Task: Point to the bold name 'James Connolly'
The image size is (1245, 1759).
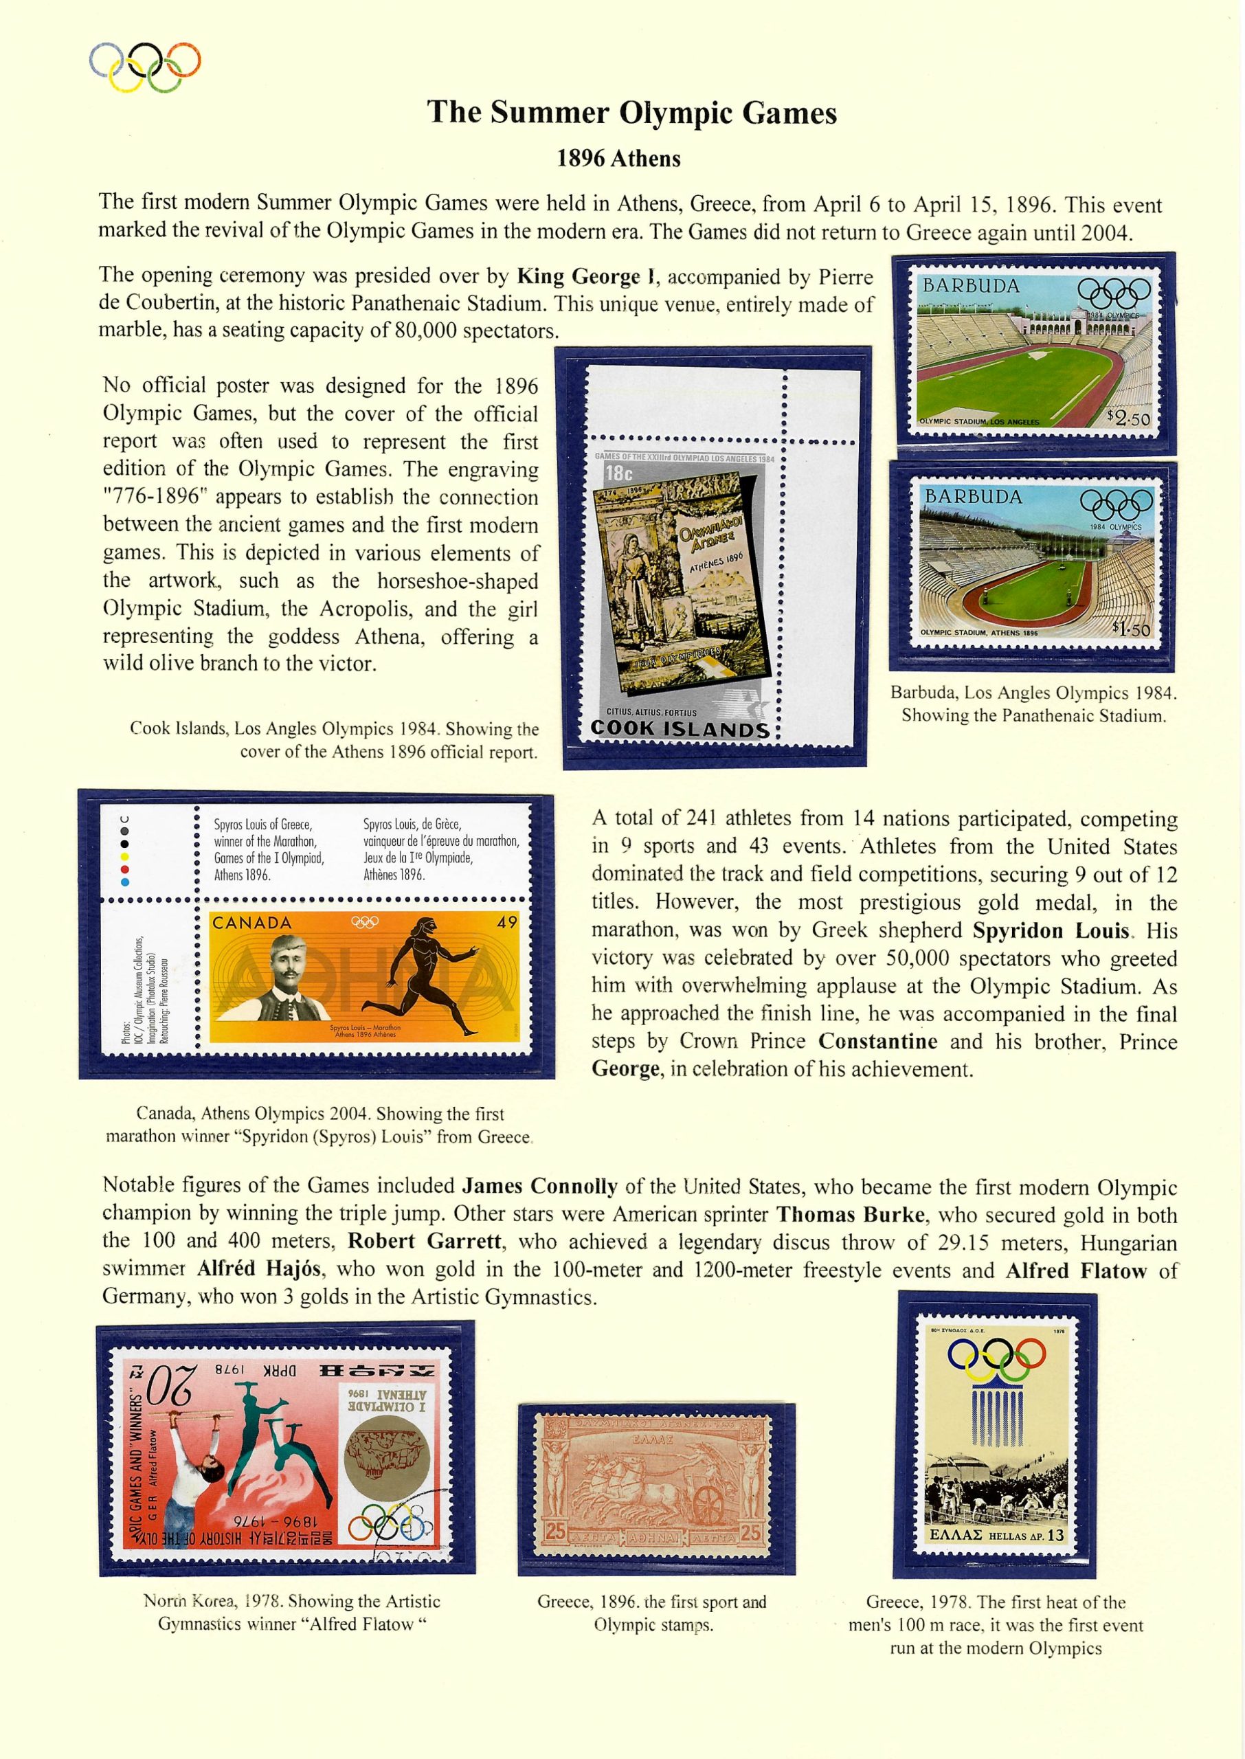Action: coord(539,1187)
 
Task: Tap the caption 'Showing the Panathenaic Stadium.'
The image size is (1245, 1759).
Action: coord(1033,716)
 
